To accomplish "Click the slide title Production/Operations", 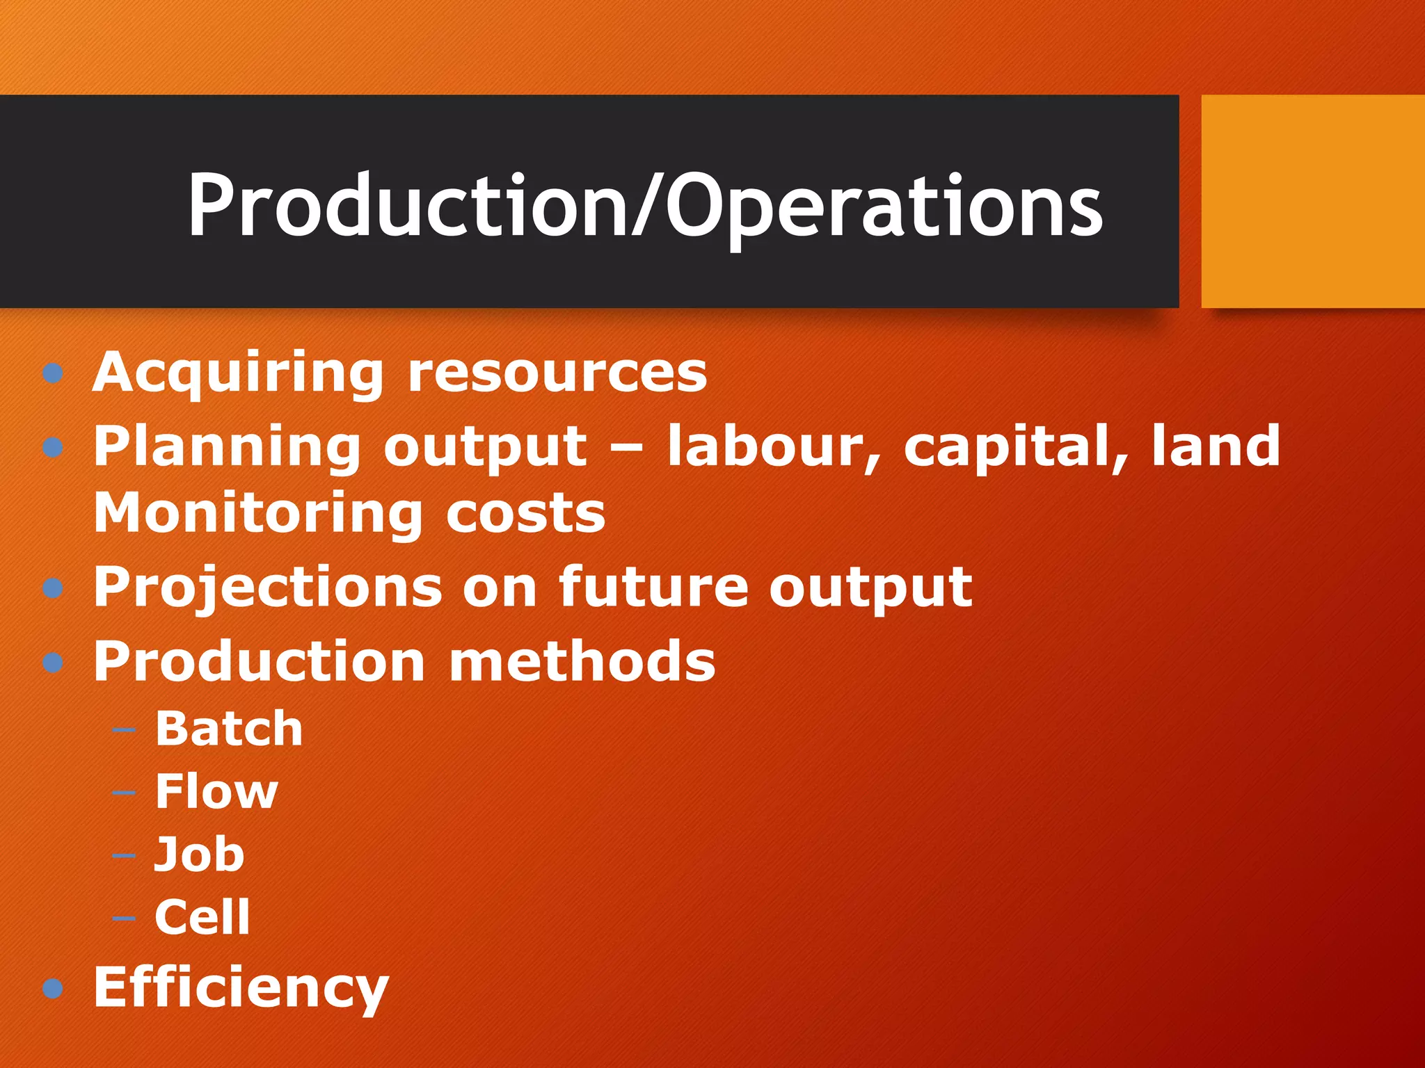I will (644, 206).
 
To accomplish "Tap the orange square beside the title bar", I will (1312, 201).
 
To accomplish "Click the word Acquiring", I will (237, 373).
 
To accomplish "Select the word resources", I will (557, 373).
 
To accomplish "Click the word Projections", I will (268, 588).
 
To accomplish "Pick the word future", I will (653, 588).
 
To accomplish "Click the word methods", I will (582, 661).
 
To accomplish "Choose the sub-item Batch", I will (229, 729).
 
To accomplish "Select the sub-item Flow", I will (216, 791).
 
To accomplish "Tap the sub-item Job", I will (200, 854).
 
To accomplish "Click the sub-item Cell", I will (202, 916).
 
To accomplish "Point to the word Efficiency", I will (241, 989).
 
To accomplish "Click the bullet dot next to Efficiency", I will (53, 988).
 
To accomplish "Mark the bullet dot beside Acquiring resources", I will (53, 374).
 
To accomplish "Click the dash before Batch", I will (124, 730).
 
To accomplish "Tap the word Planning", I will (227, 448).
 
